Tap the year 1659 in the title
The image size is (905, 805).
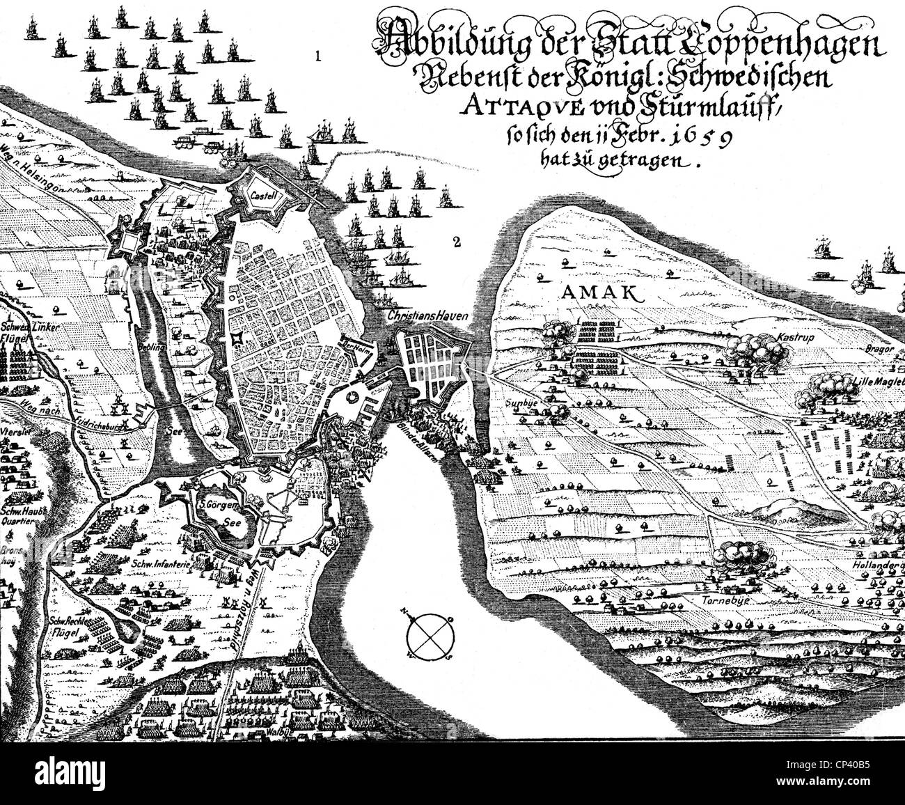(697, 137)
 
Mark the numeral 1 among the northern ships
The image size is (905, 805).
(317, 56)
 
